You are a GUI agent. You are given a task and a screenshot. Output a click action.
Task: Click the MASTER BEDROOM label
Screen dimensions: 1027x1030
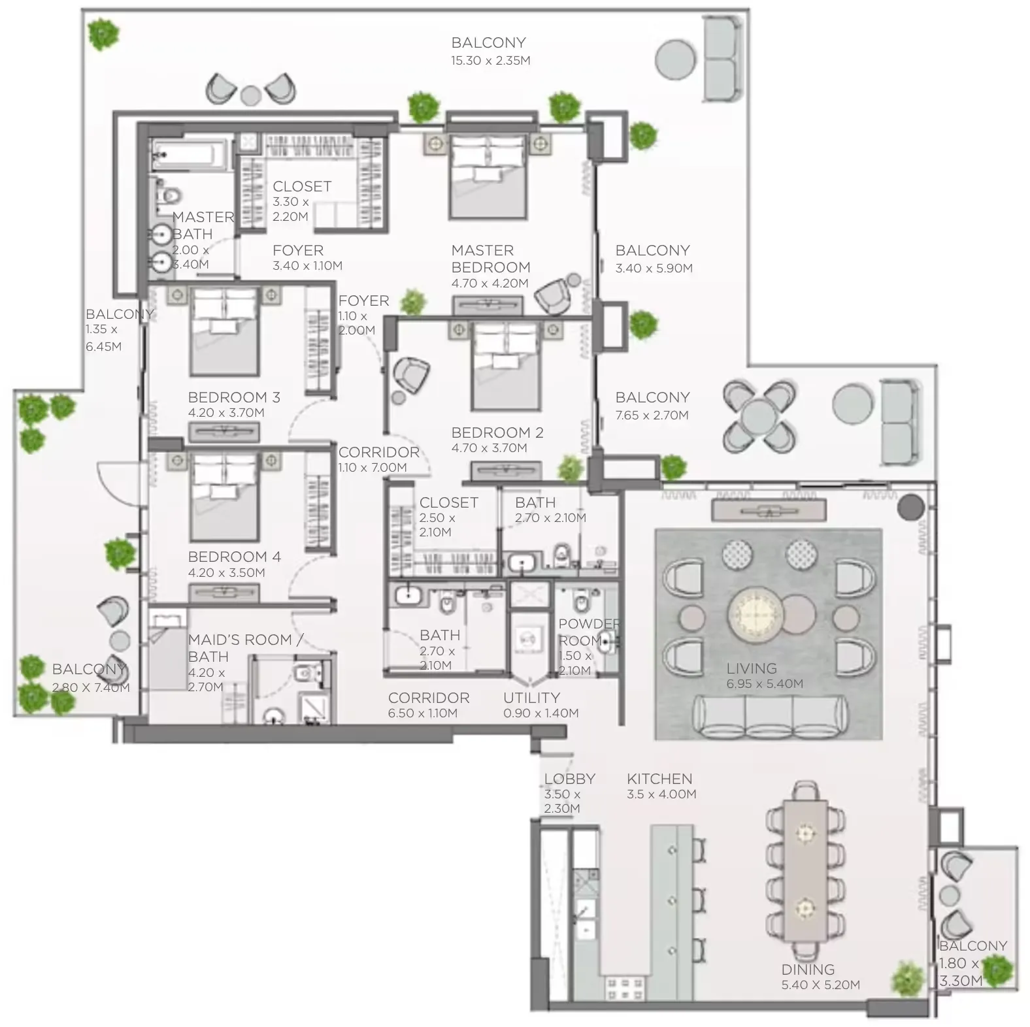click(x=490, y=259)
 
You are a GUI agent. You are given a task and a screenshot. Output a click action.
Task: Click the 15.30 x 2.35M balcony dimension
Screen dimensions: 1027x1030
click(x=490, y=61)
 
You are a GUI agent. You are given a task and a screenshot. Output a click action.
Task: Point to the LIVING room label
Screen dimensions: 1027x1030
click(x=752, y=668)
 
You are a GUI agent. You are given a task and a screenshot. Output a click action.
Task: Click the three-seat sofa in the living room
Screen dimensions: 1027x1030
click(x=769, y=717)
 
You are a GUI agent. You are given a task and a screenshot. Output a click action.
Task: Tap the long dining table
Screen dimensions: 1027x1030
click(x=806, y=869)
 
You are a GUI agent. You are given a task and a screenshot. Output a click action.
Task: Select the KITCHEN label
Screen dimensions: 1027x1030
click(x=659, y=779)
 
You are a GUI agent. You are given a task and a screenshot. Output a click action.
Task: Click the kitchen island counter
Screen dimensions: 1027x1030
click(x=671, y=902)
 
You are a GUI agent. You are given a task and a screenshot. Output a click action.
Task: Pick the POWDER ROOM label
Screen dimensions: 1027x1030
click(x=588, y=632)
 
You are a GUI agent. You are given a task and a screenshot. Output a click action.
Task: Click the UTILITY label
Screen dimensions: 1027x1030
click(x=531, y=698)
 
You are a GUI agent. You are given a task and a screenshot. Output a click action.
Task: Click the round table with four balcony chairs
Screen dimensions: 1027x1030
click(x=759, y=416)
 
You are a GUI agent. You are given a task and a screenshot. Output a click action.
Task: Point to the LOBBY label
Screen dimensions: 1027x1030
click(x=569, y=779)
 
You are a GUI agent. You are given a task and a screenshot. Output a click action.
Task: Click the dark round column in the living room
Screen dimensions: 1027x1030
click(x=910, y=506)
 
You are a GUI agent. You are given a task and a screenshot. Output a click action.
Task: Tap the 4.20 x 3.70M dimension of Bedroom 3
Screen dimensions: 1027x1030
click(x=225, y=413)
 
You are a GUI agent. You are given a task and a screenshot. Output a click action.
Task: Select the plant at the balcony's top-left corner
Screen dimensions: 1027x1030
click(x=103, y=34)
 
